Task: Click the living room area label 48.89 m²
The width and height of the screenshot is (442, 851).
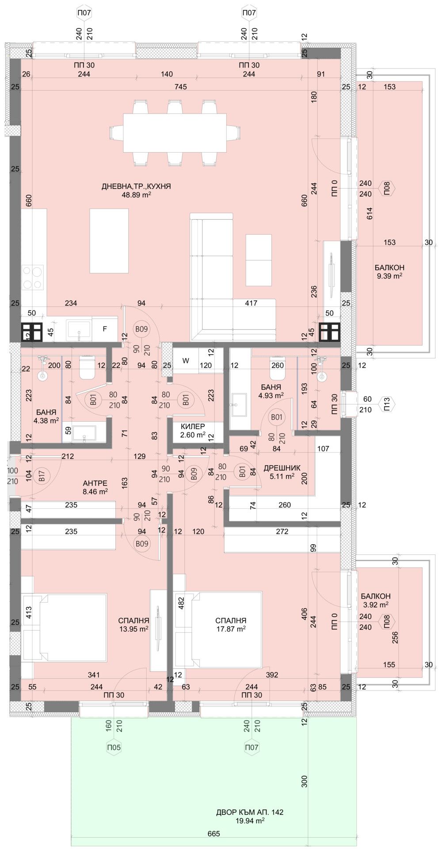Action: tap(137, 195)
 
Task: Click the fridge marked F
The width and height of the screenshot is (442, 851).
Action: tap(105, 329)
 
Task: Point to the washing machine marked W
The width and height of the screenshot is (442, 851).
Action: tap(186, 361)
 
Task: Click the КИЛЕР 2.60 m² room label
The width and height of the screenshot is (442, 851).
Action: tap(193, 430)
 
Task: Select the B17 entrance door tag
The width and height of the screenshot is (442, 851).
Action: tap(42, 476)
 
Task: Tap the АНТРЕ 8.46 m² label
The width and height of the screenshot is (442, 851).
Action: tap(95, 487)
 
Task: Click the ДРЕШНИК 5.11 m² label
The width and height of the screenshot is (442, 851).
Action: tap(282, 472)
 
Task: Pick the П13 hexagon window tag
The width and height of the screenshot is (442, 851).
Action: tap(386, 404)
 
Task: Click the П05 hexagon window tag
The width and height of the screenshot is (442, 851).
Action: tap(114, 748)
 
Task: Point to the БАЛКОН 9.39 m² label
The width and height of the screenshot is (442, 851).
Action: tap(389, 271)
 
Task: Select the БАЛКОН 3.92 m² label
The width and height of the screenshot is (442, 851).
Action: tap(375, 600)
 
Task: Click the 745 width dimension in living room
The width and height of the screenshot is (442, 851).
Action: tap(181, 87)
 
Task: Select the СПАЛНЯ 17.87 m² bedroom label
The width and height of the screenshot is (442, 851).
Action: tap(229, 624)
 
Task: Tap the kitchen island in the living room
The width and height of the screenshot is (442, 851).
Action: tap(109, 240)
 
